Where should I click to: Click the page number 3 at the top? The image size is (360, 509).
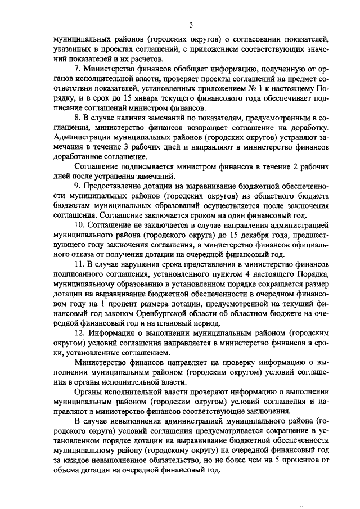[191, 25]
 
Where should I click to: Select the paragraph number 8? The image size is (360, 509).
[78, 118]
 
